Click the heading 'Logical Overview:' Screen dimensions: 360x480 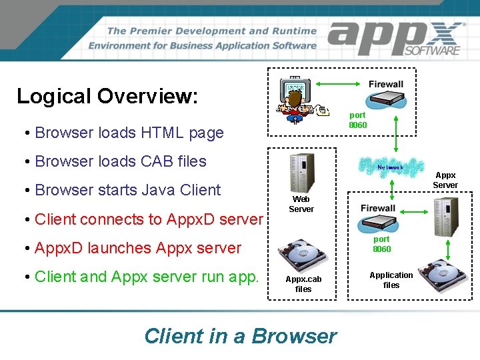[107, 96]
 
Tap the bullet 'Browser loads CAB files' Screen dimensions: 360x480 [120, 161]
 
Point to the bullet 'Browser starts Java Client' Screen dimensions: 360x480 [127, 190]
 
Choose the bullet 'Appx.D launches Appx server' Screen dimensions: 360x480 [137, 248]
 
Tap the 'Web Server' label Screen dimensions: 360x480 [301, 204]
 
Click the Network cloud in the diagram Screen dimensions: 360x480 [391, 167]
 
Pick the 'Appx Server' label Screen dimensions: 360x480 [445, 180]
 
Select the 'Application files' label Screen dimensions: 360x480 [391, 280]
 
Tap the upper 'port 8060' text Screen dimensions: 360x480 [358, 120]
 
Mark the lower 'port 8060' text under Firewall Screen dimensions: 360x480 [382, 244]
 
